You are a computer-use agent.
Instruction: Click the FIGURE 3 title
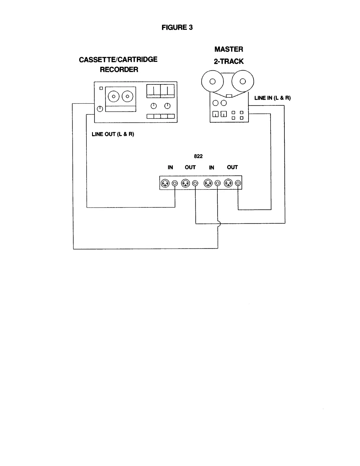(177, 28)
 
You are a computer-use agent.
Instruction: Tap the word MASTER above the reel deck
(229, 49)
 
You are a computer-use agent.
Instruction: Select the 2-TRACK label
(229, 61)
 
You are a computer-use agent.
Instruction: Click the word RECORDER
(119, 70)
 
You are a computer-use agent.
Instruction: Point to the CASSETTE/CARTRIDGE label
(118, 59)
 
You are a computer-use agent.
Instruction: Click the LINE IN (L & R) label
(272, 98)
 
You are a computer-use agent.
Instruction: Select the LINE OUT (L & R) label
(113, 134)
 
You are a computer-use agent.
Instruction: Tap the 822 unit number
(198, 157)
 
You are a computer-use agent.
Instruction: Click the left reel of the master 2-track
(213, 81)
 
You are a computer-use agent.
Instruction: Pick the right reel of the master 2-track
(243, 81)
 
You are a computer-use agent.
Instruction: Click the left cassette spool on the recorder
(113, 96)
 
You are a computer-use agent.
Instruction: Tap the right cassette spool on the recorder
(127, 96)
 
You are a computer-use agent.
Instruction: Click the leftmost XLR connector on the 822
(165, 183)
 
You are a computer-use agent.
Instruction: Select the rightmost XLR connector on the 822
(228, 183)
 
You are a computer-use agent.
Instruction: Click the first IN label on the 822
(170, 167)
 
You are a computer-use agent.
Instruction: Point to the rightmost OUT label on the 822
(232, 167)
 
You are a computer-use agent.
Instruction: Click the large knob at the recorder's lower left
(100, 109)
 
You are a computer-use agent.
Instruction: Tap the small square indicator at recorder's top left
(101, 88)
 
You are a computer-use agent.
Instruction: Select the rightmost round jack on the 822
(238, 183)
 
